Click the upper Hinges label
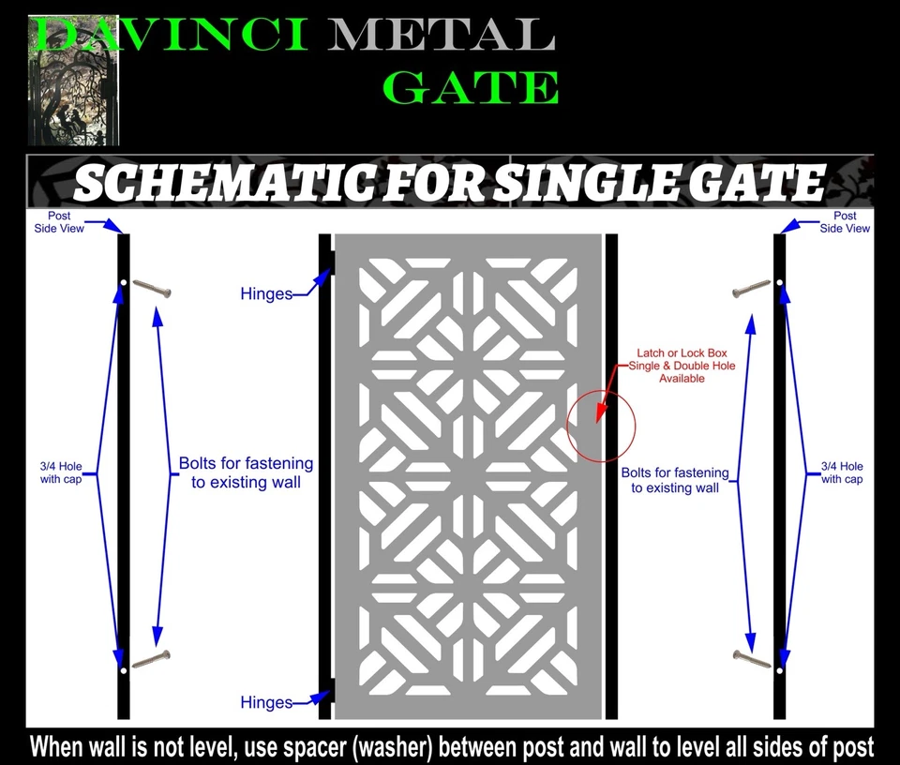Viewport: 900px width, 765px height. [x=266, y=294]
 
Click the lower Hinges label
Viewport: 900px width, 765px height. [x=266, y=702]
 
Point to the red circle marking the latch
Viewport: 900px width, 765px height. [x=601, y=427]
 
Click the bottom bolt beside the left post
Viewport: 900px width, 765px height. [x=151, y=659]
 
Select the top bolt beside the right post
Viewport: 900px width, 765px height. [x=751, y=289]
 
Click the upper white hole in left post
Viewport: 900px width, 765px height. [x=123, y=282]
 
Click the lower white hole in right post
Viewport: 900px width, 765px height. [x=779, y=671]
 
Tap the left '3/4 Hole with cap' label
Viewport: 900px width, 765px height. [x=60, y=472]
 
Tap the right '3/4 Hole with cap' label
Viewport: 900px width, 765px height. [x=842, y=472]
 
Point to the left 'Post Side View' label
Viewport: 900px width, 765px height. [x=59, y=222]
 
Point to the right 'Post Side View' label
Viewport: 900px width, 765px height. [x=845, y=222]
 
